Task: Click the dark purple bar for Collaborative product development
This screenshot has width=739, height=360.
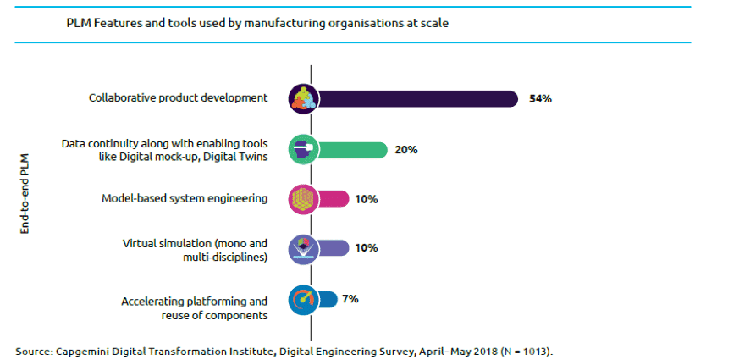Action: (x=415, y=99)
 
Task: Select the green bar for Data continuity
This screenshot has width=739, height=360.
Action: (x=351, y=150)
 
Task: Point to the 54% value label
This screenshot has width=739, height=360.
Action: (x=540, y=99)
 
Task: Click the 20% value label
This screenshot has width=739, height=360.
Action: (x=406, y=150)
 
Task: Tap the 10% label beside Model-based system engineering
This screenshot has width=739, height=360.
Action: (x=367, y=200)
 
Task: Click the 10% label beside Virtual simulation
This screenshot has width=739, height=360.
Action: (x=367, y=249)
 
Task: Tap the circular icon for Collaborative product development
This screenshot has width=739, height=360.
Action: (x=303, y=99)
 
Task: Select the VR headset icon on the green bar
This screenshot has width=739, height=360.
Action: (x=303, y=150)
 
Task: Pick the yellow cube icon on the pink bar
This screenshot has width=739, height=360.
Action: (x=303, y=199)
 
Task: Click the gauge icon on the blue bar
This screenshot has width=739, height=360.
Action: (x=303, y=299)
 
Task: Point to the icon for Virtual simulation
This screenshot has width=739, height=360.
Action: (x=303, y=248)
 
